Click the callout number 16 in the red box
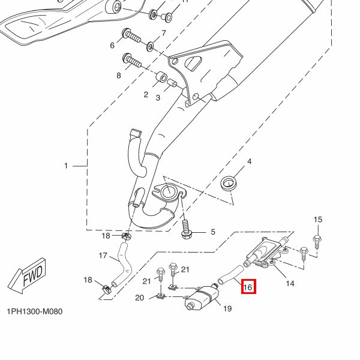248,287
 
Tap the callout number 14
290,283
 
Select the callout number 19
227,309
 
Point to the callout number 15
318,220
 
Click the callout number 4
249,162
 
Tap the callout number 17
103,256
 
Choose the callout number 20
139,298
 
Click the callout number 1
67,165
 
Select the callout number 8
119,76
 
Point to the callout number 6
112,46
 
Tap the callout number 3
158,98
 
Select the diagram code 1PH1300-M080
35,312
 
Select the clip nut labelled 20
160,295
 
